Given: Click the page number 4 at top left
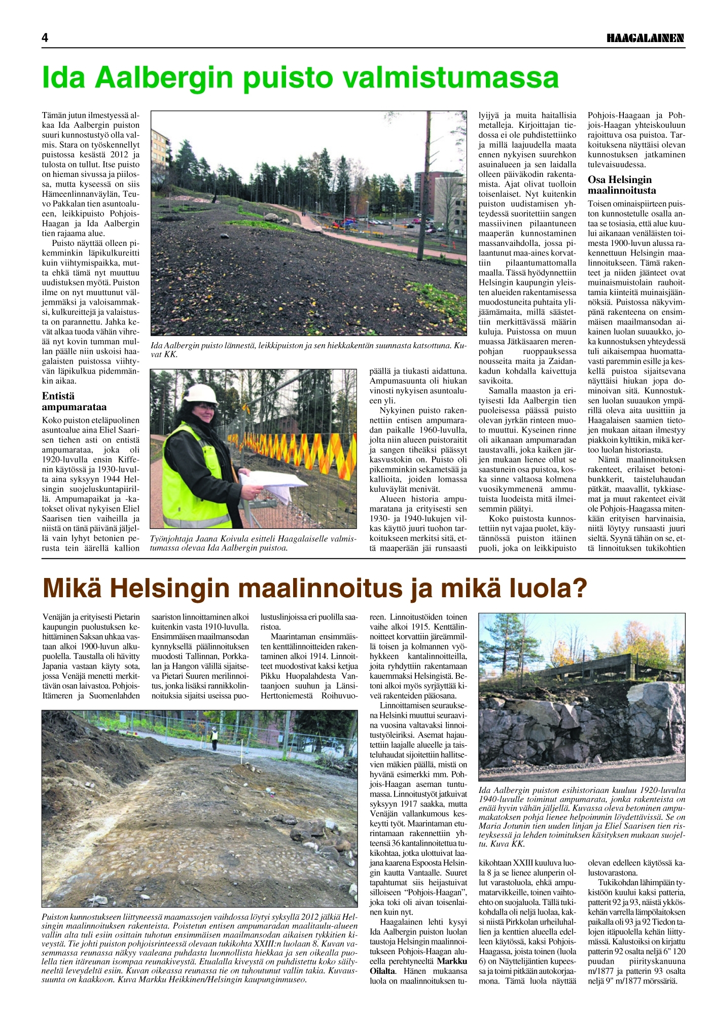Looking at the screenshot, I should pos(45,38).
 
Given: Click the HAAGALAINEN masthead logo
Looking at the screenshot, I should pos(646,38).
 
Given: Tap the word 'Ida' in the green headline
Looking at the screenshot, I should pos(65,78).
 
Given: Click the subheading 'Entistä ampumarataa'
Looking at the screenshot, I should pos(74,401).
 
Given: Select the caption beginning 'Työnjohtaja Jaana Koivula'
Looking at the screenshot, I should pos(253,543).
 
